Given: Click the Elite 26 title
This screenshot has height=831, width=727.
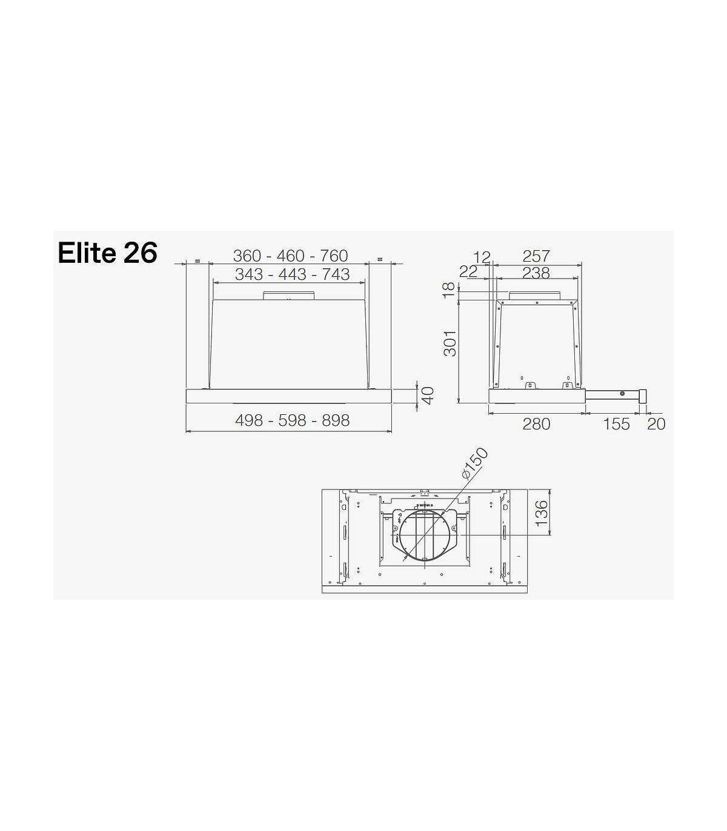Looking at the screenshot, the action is point(108,253).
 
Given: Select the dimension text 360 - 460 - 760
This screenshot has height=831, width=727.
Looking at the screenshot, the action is point(290,256).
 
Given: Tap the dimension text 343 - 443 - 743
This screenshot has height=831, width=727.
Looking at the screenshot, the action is point(293,274).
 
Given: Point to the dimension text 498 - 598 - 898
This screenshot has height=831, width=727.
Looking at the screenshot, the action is point(293,420).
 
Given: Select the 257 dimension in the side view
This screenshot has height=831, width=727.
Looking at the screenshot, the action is point(536,256).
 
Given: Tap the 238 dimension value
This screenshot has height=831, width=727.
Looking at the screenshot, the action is point(536,273).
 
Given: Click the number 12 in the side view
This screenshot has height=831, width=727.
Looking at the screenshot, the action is point(482,257).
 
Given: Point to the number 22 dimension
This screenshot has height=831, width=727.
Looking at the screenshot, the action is point(469,272).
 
